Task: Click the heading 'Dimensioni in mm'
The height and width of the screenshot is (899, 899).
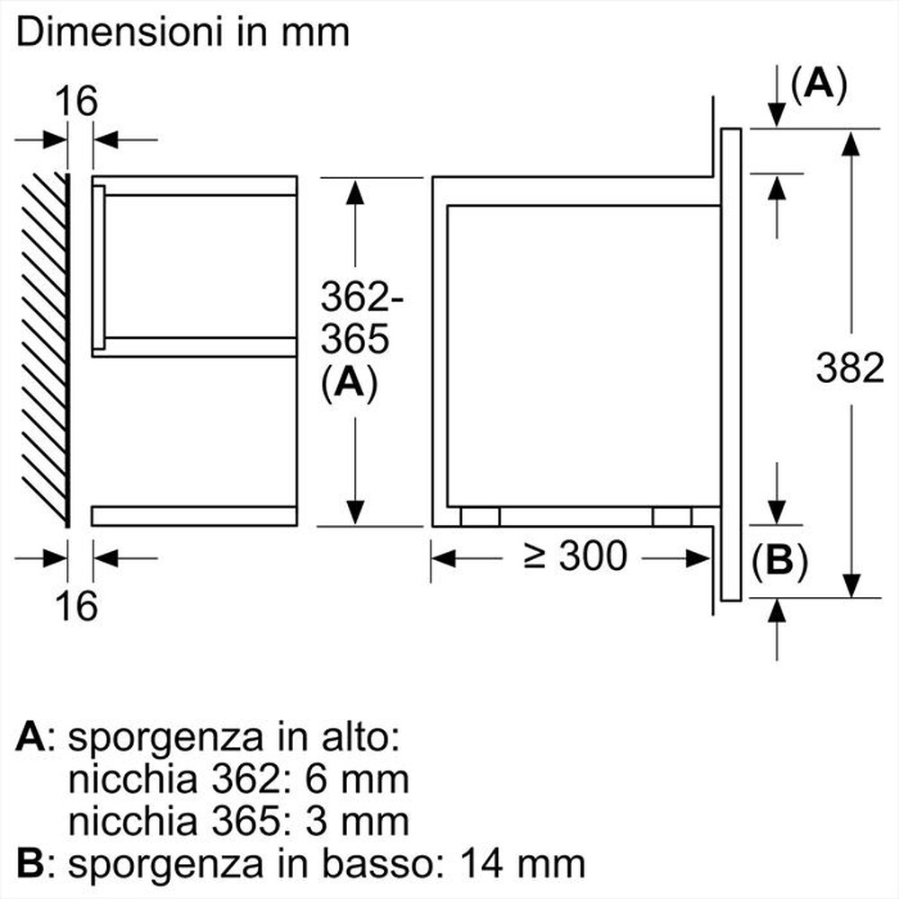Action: (182, 33)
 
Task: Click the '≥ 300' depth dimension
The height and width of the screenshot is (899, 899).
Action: (575, 556)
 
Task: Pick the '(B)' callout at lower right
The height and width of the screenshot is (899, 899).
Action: (779, 561)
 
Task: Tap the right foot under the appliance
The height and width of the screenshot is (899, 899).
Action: (672, 516)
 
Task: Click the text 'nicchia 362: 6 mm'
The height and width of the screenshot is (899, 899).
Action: (238, 779)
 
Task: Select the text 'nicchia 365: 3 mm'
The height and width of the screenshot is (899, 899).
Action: (238, 820)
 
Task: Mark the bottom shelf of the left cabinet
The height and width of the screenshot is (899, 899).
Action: (193, 515)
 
